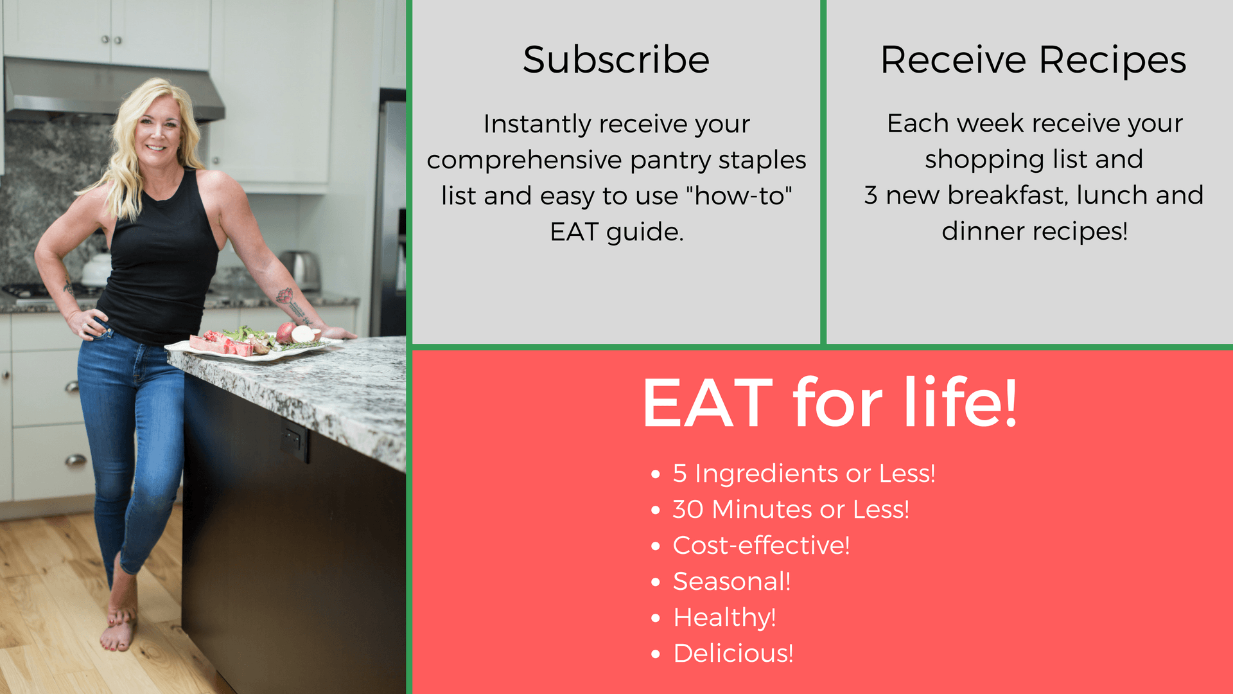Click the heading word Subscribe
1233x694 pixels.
pos(616,60)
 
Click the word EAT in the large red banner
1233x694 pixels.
pos(707,403)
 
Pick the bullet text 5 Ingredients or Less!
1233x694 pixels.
pos(803,474)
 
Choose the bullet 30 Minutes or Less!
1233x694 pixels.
pos(791,510)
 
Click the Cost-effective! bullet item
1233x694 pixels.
pos(761,546)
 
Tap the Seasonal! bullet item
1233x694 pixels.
pos(731,582)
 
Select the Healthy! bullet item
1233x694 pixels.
pos(724,618)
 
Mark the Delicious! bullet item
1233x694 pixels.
pos(733,654)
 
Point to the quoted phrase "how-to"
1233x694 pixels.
pos(739,195)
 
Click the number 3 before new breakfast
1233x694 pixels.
pos(870,195)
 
